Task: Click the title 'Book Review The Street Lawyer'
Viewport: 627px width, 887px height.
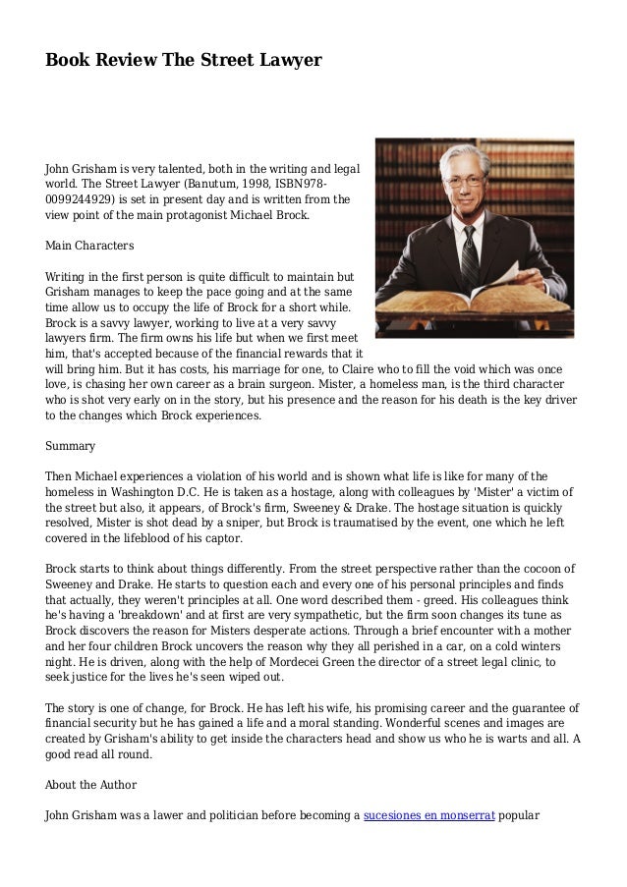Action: (x=184, y=61)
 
